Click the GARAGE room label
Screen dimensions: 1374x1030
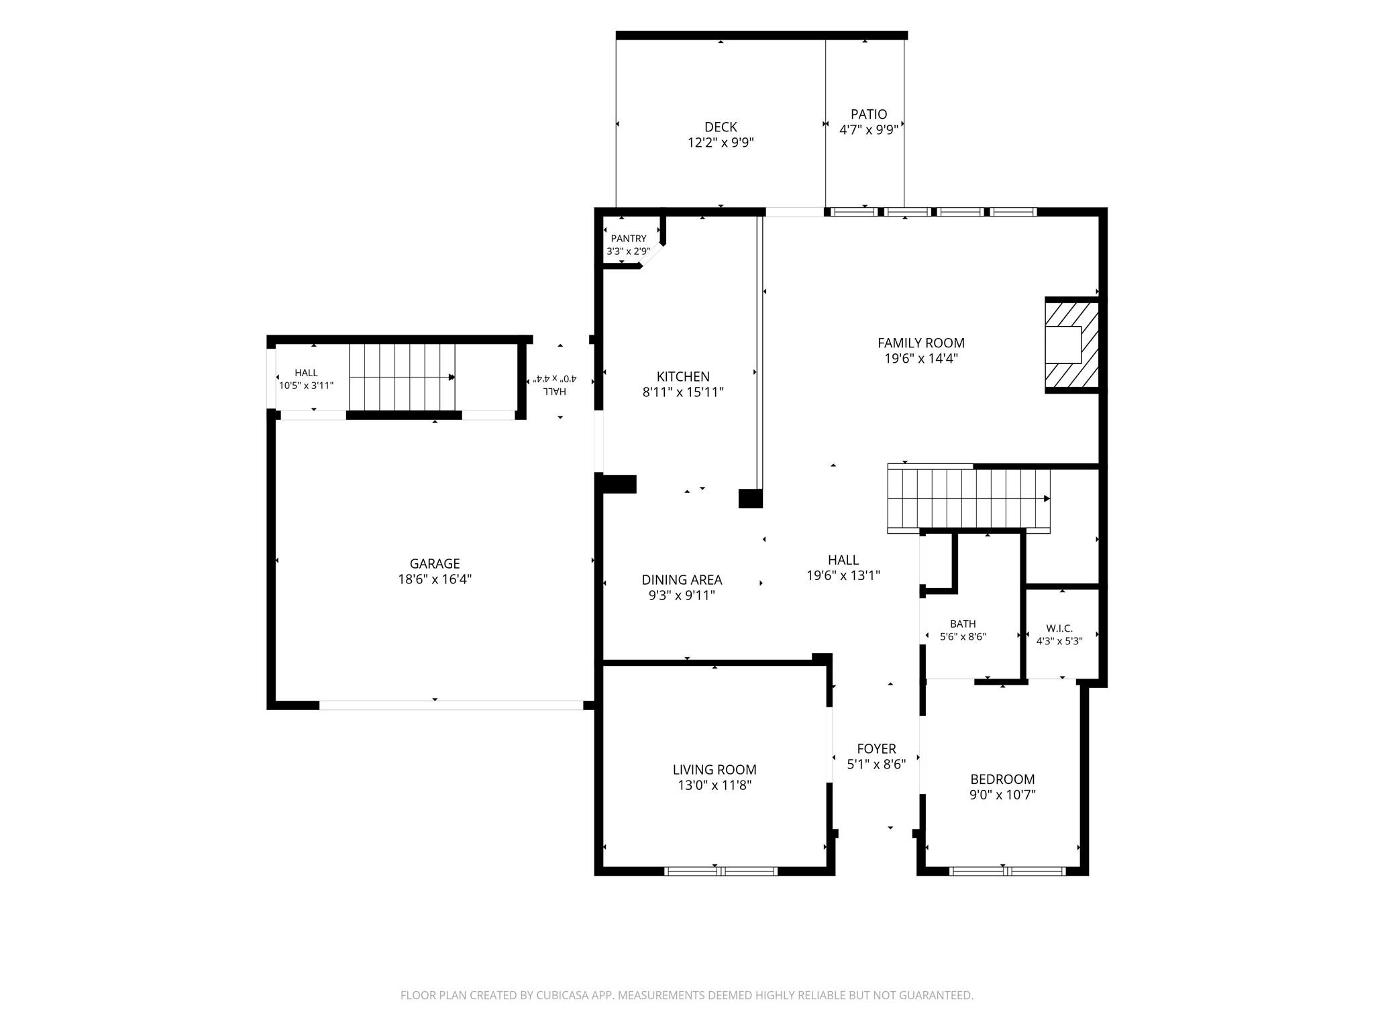435,564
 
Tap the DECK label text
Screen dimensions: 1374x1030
721,127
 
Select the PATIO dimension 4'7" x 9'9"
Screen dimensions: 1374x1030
869,129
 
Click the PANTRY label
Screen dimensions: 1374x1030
629,239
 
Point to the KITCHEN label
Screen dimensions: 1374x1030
683,377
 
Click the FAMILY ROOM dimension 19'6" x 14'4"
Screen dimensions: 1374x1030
921,358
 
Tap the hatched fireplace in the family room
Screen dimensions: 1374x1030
1071,345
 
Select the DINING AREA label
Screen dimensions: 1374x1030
682,580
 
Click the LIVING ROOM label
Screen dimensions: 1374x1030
715,770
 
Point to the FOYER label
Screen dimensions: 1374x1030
876,748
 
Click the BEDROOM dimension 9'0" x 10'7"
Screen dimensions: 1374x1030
1002,795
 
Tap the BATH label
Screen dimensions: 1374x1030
963,624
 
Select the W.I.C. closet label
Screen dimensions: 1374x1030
1059,628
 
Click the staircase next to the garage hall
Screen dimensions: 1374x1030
402,378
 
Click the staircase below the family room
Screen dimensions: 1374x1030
969,498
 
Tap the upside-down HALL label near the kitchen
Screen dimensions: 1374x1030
554,391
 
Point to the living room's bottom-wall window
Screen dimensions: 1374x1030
721,871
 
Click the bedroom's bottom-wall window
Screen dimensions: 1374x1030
1008,871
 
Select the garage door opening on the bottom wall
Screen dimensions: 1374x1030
451,705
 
